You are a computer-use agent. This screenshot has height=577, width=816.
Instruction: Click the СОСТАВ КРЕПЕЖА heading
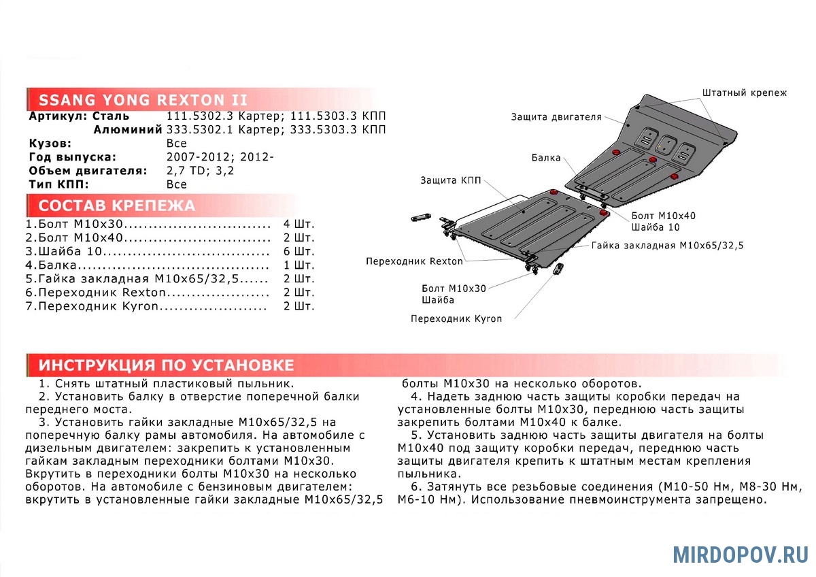116,205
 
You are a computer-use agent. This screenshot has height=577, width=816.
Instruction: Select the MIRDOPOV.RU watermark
741,554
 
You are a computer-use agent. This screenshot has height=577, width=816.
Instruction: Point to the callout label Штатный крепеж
744,93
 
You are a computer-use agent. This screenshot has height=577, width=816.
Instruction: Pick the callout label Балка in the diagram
546,158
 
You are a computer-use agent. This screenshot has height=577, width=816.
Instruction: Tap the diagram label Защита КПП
450,180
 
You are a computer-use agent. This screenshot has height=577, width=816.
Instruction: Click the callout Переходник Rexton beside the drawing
414,261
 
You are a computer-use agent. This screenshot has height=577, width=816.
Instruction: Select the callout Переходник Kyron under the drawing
456,318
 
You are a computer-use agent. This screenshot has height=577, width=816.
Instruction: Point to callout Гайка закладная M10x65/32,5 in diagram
667,245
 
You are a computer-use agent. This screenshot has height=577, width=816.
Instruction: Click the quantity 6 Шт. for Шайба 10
299,251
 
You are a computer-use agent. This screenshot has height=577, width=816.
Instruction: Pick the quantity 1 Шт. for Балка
299,265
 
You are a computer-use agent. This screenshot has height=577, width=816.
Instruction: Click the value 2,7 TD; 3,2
200,171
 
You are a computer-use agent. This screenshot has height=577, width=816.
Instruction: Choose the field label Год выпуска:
73,157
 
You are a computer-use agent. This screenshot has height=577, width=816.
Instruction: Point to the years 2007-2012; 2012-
220,157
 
